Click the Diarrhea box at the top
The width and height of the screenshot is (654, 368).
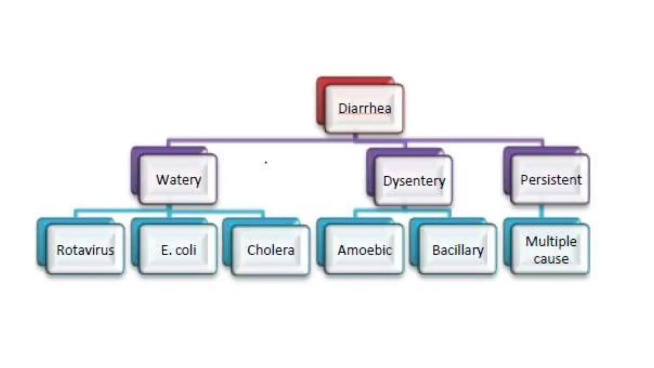364,109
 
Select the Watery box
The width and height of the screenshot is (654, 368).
179,180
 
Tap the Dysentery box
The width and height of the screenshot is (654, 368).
414,181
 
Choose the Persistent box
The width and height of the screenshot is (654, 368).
551,180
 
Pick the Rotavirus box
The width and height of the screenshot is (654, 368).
85,250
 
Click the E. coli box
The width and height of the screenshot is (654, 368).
179,250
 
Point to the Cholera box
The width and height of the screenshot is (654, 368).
271,250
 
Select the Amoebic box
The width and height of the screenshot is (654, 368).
364,250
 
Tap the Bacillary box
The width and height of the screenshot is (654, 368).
458,250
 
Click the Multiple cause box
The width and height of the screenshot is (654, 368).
551,250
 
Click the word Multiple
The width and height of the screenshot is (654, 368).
551,241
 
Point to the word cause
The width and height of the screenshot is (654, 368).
551,259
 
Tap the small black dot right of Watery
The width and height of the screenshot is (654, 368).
266,163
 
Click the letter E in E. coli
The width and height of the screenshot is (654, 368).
164,250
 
